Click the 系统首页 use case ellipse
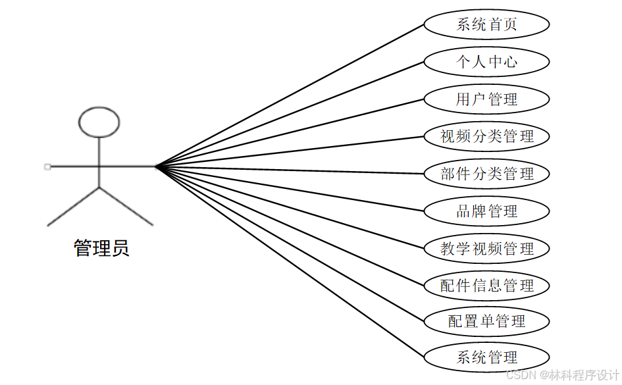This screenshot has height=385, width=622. [x=486, y=24]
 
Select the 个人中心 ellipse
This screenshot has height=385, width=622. [x=486, y=62]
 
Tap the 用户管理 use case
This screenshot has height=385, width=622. [x=486, y=99]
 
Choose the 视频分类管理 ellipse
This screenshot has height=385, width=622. [x=486, y=136]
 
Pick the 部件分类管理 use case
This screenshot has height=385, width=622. [x=486, y=174]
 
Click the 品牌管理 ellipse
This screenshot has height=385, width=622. [x=486, y=211]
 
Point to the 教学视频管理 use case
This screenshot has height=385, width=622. [x=486, y=249]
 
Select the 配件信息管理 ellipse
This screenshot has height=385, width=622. [x=486, y=286]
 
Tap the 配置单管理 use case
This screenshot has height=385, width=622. [x=486, y=321]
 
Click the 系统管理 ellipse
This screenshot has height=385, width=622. [x=486, y=357]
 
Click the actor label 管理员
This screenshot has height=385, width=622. [x=101, y=248]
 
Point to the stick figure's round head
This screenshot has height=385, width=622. [x=99, y=122]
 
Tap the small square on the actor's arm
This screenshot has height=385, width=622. [x=47, y=167]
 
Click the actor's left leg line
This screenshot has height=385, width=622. [x=73, y=207]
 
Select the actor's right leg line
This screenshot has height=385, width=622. [x=126, y=207]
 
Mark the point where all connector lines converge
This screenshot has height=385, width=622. [x=156, y=167]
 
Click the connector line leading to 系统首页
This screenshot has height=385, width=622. [x=290, y=95]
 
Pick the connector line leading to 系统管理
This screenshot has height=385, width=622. [x=290, y=262]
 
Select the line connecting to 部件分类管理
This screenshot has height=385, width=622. [x=290, y=170]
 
